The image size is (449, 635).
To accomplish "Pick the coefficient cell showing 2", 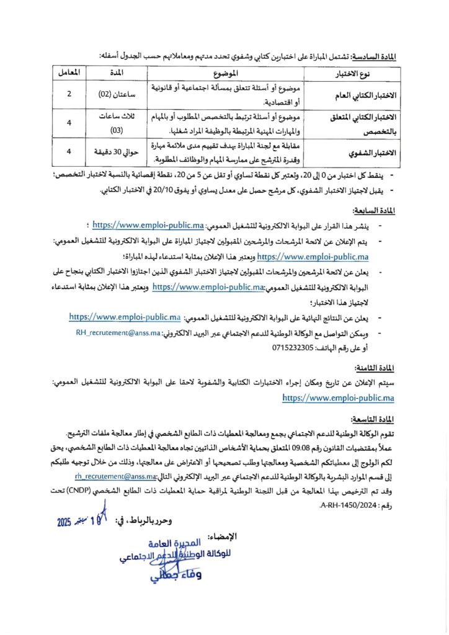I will click(x=69, y=95).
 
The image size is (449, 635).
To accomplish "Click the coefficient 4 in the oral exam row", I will click(x=69, y=151).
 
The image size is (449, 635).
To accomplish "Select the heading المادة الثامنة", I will click(x=375, y=368).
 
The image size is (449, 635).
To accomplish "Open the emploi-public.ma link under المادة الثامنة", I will click(x=338, y=397).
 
